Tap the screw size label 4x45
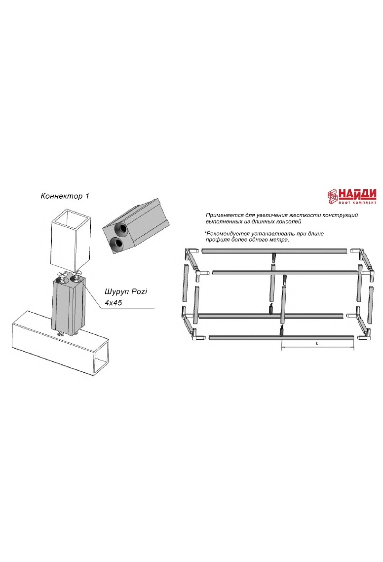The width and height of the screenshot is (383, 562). tap(113, 302)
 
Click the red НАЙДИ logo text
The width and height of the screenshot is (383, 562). tap(357, 194)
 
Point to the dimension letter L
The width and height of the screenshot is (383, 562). tap(317, 343)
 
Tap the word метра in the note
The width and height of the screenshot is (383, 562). tap(280, 240)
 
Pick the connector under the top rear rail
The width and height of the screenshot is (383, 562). tap(274, 257)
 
